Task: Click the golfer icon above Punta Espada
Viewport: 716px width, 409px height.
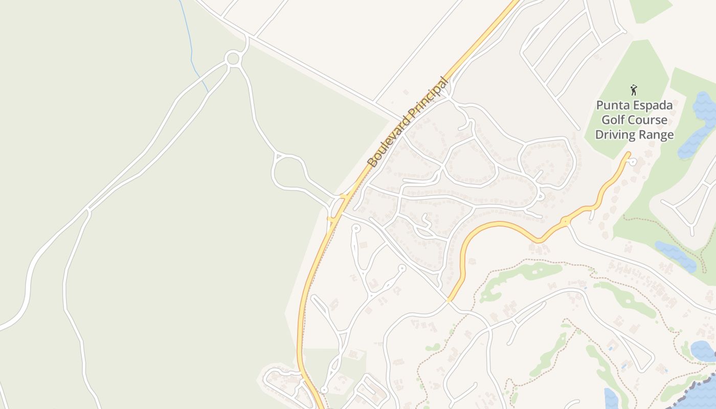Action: point(634,90)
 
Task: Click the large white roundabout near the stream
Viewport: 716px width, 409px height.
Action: point(233,58)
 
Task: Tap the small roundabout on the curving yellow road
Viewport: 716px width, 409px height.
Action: point(565,222)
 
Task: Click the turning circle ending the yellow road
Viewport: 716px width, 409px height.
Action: point(633,162)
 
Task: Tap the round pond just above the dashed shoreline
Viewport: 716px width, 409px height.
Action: point(703,351)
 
